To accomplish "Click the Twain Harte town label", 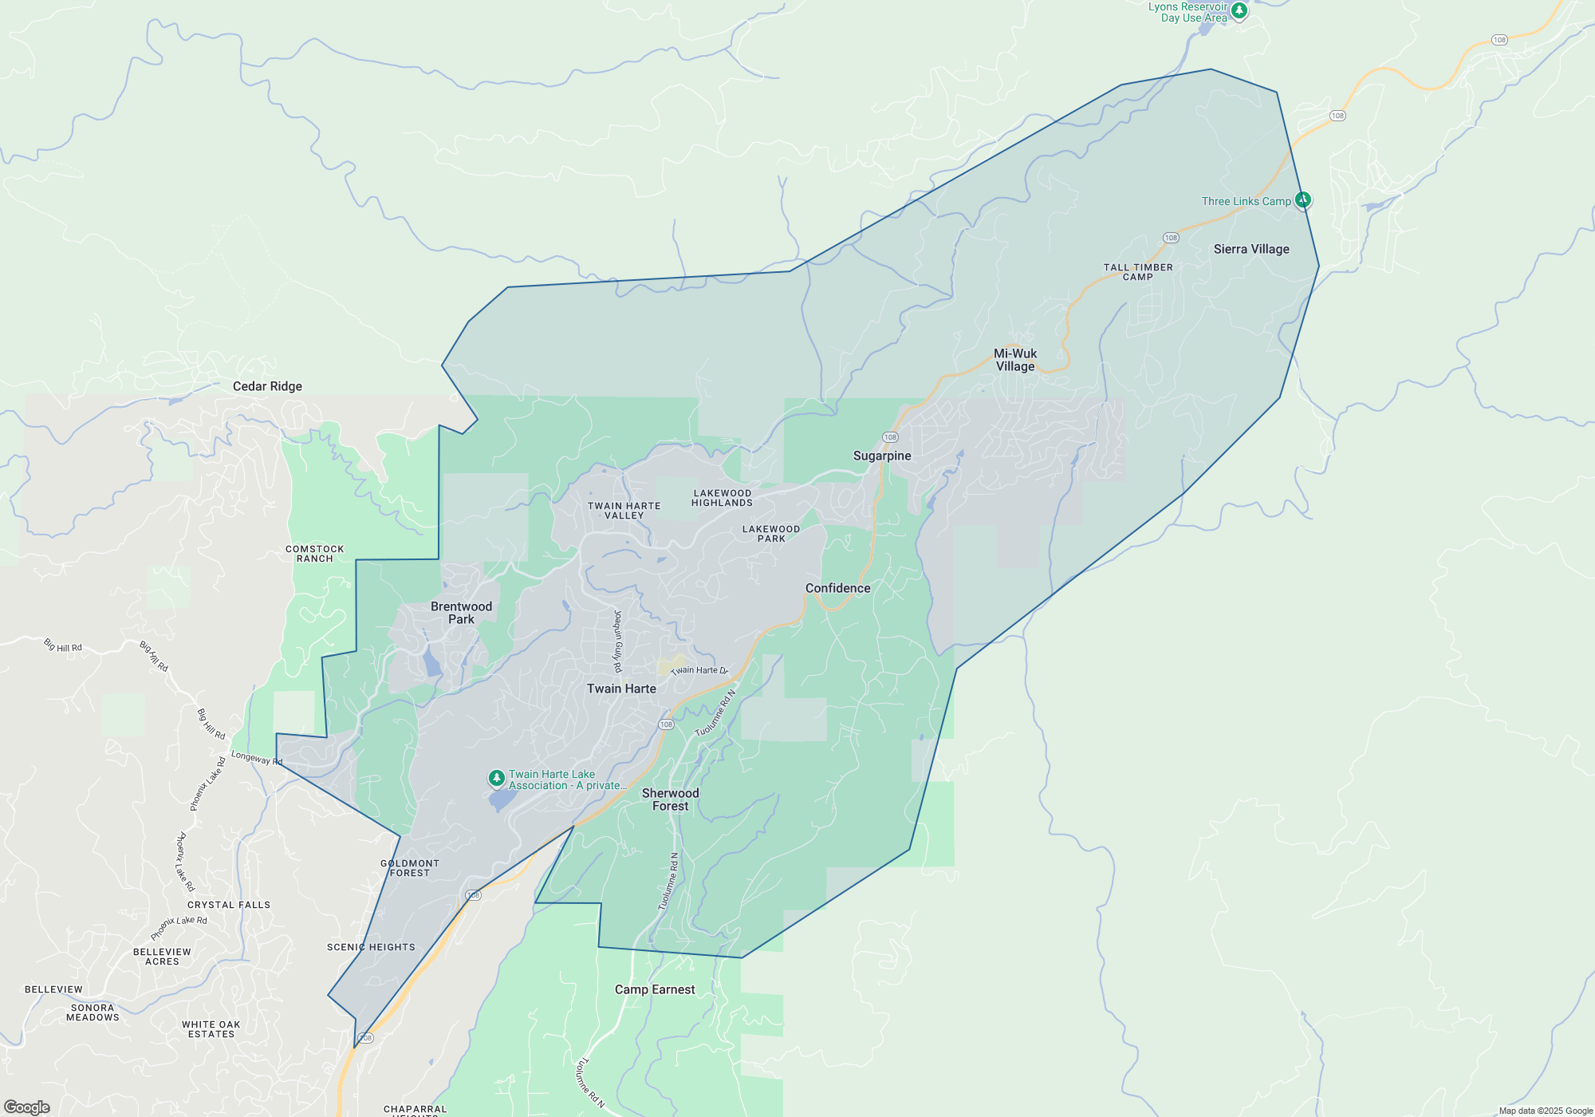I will coord(621,689).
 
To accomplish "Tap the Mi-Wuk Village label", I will coord(1015,360).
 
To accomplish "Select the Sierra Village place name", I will coord(1251,249).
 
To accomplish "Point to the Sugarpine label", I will coord(882,456).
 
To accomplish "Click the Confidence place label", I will coord(837,588).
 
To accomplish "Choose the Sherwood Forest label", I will coord(670,799).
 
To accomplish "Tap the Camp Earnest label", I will coord(655,989).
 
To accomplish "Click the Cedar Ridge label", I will coord(267,386).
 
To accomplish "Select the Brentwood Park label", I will coord(461,613).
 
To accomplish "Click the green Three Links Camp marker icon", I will coord(1303,199).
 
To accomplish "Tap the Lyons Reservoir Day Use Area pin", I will coord(1239,10).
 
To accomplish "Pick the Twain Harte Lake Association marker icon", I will coord(496,777).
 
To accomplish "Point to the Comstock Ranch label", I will coord(315,554).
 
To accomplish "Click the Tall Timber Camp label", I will coord(1138,272).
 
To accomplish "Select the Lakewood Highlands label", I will coord(722,498).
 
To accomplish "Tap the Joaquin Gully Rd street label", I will coord(617,641).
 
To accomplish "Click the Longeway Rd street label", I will coord(257,758).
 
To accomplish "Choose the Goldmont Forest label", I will coord(410,868).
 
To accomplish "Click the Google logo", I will coord(27,1107).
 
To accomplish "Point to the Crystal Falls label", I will coord(229,905).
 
